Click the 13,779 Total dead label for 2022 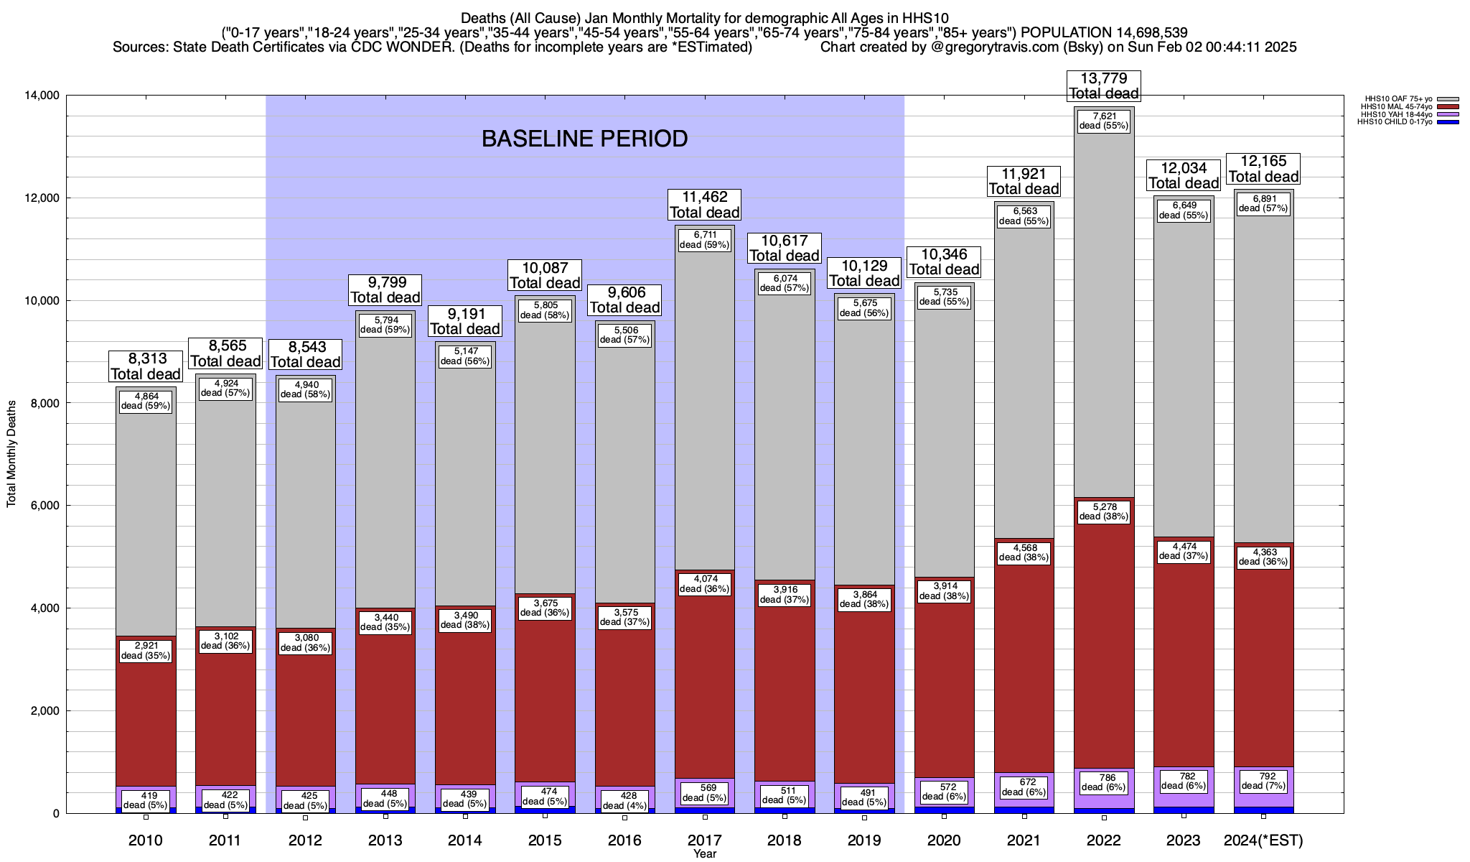pyautogui.click(x=1104, y=85)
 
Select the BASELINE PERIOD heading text pyautogui.click(x=584, y=139)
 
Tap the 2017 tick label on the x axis pyautogui.click(x=704, y=840)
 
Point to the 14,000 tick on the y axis pyautogui.click(x=42, y=96)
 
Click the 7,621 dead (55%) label pyautogui.click(x=1104, y=121)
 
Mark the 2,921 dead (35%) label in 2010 pyautogui.click(x=146, y=651)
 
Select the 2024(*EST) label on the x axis pyautogui.click(x=1263, y=840)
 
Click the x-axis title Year pyautogui.click(x=704, y=854)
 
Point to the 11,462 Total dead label pyautogui.click(x=704, y=205)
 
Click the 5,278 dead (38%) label pyautogui.click(x=1104, y=511)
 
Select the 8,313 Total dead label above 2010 pyautogui.click(x=146, y=366)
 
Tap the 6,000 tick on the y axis pyautogui.click(x=45, y=506)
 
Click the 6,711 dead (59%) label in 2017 pyautogui.click(x=704, y=240)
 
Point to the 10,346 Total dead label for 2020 pyautogui.click(x=944, y=262)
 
